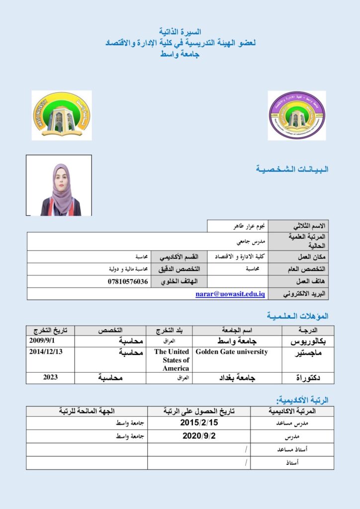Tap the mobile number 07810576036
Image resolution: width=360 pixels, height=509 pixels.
pyautogui.click(x=128, y=282)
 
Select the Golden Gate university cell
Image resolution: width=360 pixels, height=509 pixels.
pyautogui.click(x=232, y=352)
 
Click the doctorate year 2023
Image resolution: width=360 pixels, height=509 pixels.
pyautogui.click(x=50, y=377)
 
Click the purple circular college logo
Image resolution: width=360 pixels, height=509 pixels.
pyautogui.click(x=297, y=115)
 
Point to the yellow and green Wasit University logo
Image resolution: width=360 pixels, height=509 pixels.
pyautogui.click(x=61, y=115)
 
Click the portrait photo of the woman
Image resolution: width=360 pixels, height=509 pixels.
pyautogui.click(x=59, y=185)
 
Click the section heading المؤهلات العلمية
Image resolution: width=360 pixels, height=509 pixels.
pyautogui.click(x=298, y=316)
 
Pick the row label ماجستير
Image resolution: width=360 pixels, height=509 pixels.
pyautogui.click(x=308, y=352)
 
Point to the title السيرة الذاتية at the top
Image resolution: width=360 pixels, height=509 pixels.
pyautogui.click(x=180, y=32)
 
